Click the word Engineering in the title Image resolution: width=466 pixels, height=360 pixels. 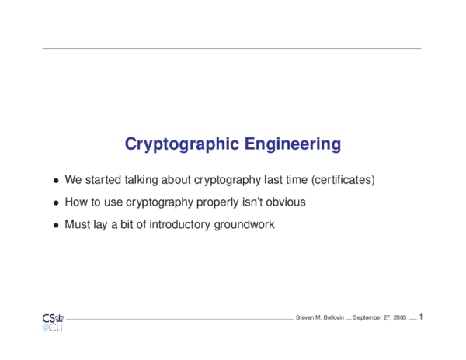point(293,144)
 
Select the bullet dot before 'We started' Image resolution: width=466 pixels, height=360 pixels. point(56,181)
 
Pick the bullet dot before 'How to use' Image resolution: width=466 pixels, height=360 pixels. point(56,203)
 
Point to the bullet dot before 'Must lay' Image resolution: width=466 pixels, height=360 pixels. point(56,226)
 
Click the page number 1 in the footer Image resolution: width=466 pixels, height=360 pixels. point(420,317)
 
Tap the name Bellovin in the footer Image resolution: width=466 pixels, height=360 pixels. point(329,318)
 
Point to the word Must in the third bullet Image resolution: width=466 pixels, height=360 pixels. point(78,225)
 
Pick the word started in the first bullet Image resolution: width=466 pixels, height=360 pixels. point(103,180)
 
